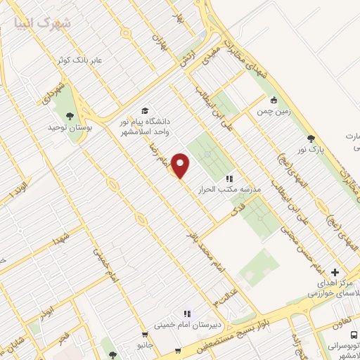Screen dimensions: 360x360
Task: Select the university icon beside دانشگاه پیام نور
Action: coord(145,110)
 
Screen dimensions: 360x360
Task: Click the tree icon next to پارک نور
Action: coord(311,138)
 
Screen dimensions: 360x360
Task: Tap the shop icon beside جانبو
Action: coord(145,335)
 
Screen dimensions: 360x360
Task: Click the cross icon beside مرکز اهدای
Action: coord(335,273)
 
